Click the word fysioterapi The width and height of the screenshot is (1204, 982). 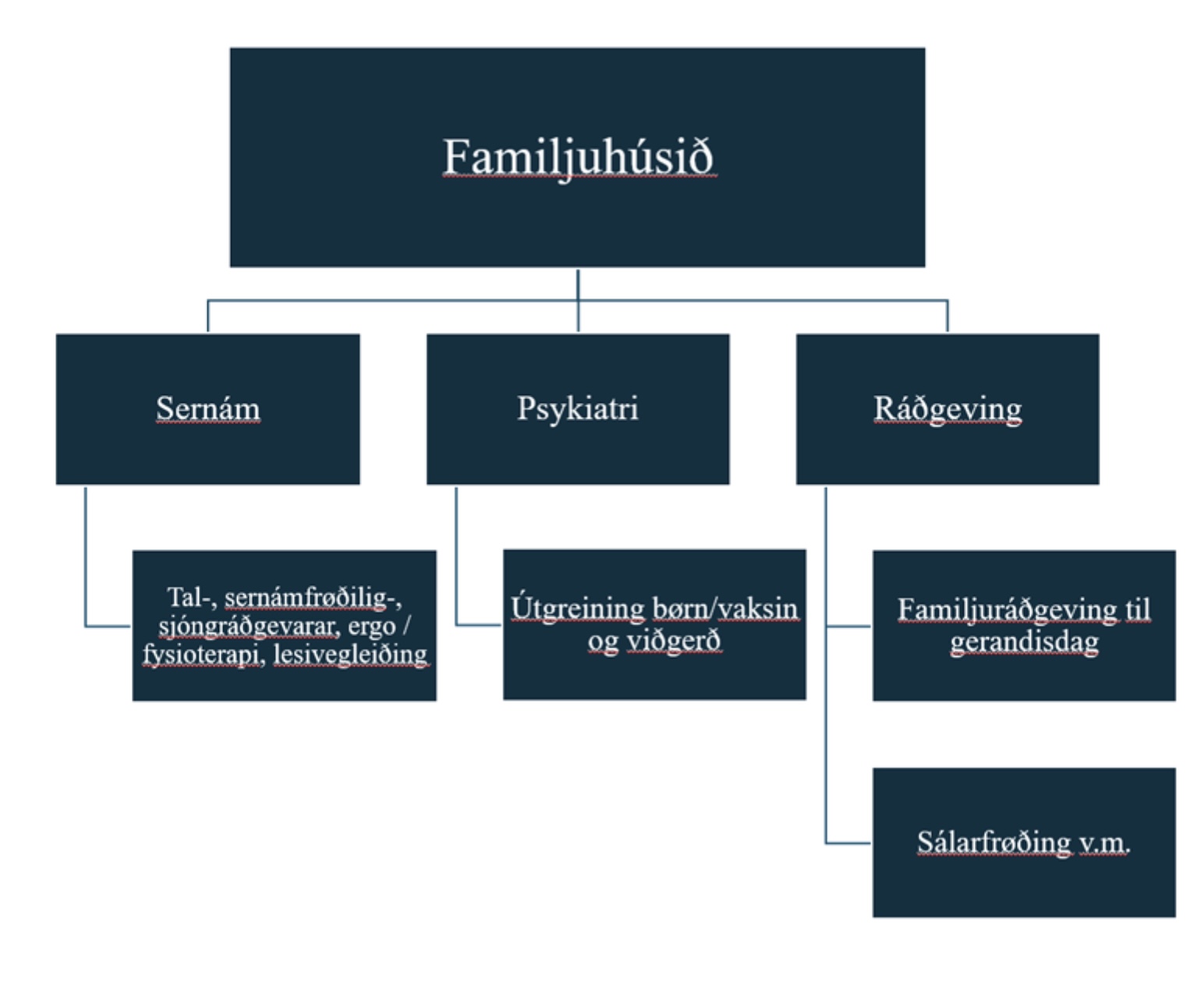pyautogui.click(x=201, y=654)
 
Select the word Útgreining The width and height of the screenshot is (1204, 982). pyautogui.click(x=578, y=608)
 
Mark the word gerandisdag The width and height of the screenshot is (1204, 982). pyautogui.click(x=1024, y=642)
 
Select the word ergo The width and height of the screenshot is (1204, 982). pyautogui.click(x=371, y=626)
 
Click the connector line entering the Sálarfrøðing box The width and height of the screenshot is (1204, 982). pyautogui.click(x=848, y=842)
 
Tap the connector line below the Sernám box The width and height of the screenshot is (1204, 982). pyautogui.click(x=85, y=553)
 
